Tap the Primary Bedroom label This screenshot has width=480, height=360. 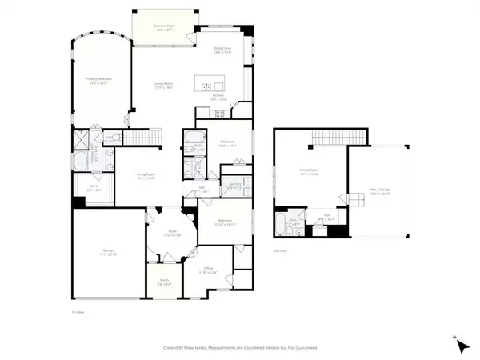tap(99, 81)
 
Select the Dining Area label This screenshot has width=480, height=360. tap(222, 50)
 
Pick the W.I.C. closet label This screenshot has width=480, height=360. tap(93, 190)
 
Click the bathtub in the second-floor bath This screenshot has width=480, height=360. tap(279, 220)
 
